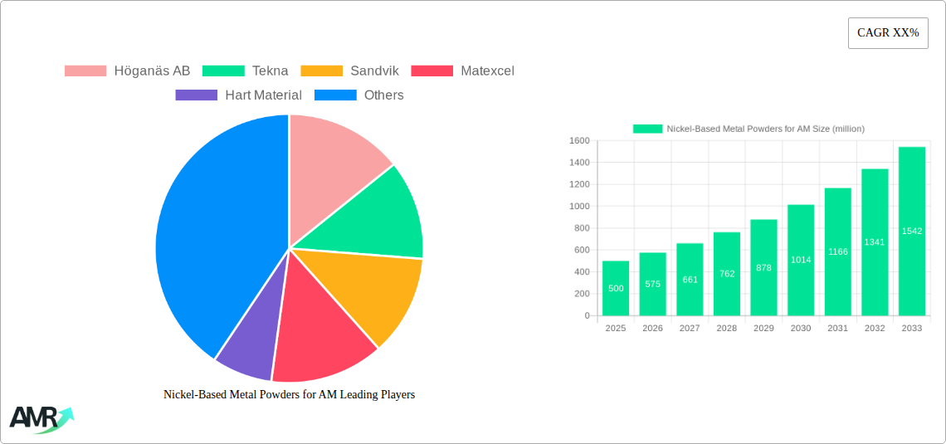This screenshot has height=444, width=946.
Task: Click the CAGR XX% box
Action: click(x=888, y=33)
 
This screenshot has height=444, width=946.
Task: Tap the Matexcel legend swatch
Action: click(x=433, y=71)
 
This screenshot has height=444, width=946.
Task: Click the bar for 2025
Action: click(x=616, y=289)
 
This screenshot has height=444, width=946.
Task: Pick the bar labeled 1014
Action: click(x=801, y=260)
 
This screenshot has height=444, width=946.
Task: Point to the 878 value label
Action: click(x=764, y=268)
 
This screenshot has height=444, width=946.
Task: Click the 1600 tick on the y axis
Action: click(x=578, y=141)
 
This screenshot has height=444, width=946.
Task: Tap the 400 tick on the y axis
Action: click(x=580, y=272)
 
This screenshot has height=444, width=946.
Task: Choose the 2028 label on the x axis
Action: click(x=727, y=329)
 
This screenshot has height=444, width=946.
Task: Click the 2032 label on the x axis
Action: click(x=875, y=329)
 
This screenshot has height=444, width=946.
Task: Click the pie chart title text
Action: click(x=289, y=395)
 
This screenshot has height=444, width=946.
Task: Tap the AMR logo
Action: click(x=40, y=419)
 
